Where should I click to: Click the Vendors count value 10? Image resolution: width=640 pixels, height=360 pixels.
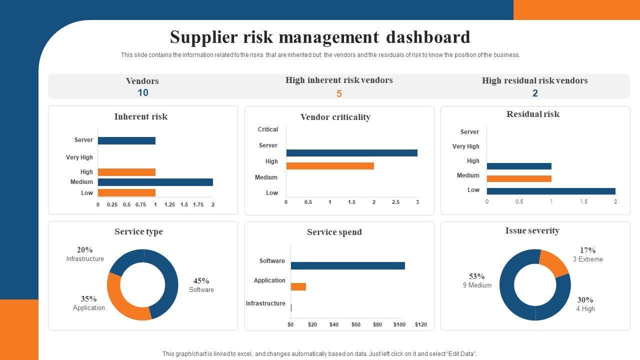pyautogui.click(x=143, y=92)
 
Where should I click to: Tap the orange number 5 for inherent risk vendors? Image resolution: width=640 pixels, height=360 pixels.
pyautogui.click(x=339, y=93)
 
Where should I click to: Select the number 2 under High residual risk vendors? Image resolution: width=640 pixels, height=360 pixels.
pyautogui.click(x=535, y=93)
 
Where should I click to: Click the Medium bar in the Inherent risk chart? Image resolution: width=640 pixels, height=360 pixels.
pyautogui.click(x=155, y=182)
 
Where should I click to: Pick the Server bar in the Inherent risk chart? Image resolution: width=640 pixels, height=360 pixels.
pyautogui.click(x=126, y=140)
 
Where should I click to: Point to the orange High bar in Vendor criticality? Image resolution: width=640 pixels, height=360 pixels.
pyautogui.click(x=330, y=166)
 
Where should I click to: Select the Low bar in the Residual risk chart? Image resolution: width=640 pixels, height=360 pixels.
pyautogui.click(x=550, y=191)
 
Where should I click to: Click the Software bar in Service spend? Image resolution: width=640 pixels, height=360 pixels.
pyautogui.click(x=347, y=265)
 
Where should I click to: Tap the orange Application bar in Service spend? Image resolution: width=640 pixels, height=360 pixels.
pyautogui.click(x=298, y=286)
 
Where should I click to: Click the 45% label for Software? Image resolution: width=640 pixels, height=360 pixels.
pyautogui.click(x=201, y=281)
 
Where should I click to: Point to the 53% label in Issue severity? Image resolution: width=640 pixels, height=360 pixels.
pyautogui.click(x=477, y=276)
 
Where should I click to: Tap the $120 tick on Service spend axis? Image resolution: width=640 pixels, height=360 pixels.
pyautogui.click(x=421, y=324)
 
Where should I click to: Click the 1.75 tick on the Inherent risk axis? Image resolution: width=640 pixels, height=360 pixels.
pyautogui.click(x=198, y=204)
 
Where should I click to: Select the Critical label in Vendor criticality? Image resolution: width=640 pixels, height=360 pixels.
pyautogui.click(x=268, y=129)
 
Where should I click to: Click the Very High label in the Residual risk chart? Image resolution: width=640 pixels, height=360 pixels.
pyautogui.click(x=465, y=146)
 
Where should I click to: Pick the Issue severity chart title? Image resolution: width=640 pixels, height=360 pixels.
pyautogui.click(x=532, y=230)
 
